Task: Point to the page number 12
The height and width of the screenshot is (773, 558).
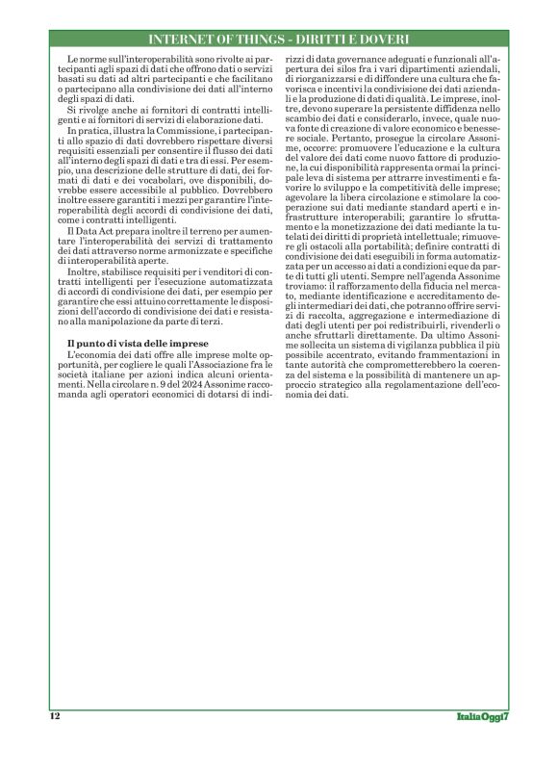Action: [x=55, y=716]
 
